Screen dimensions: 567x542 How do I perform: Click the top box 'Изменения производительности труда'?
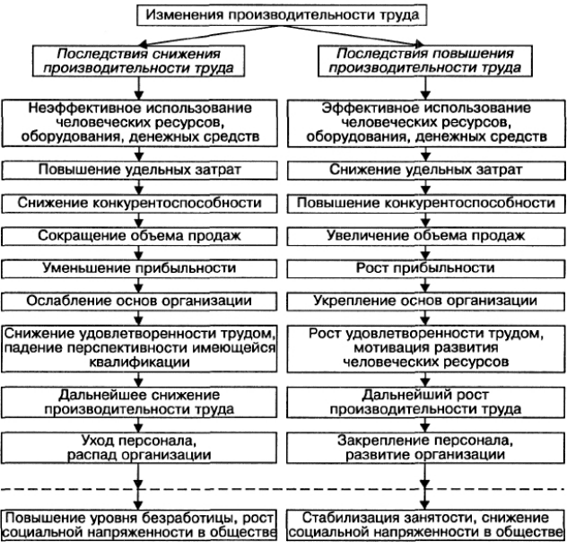[282, 15]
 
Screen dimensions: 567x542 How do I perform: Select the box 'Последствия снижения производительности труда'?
[138, 61]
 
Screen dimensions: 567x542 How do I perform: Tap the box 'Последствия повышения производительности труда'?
[425, 61]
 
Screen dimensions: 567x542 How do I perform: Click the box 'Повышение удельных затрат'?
[139, 170]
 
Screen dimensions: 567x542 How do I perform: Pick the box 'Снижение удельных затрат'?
[426, 170]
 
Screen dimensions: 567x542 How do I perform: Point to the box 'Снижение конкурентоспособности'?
[139, 203]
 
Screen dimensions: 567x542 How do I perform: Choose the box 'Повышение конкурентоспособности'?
[426, 203]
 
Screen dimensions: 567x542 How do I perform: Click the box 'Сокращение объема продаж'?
[139, 236]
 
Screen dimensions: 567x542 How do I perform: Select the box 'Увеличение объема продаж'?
[426, 236]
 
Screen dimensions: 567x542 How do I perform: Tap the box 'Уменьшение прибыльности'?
[139, 268]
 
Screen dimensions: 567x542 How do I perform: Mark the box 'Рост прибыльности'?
[426, 268]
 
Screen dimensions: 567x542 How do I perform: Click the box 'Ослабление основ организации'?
[139, 302]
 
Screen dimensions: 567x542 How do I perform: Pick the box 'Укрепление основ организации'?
[426, 302]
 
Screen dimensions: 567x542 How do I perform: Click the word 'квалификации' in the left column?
[139, 363]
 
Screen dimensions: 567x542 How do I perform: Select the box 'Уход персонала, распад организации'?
[139, 448]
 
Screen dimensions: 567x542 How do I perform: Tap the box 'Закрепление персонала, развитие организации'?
[426, 448]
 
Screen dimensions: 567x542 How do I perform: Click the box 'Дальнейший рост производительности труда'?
[426, 402]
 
